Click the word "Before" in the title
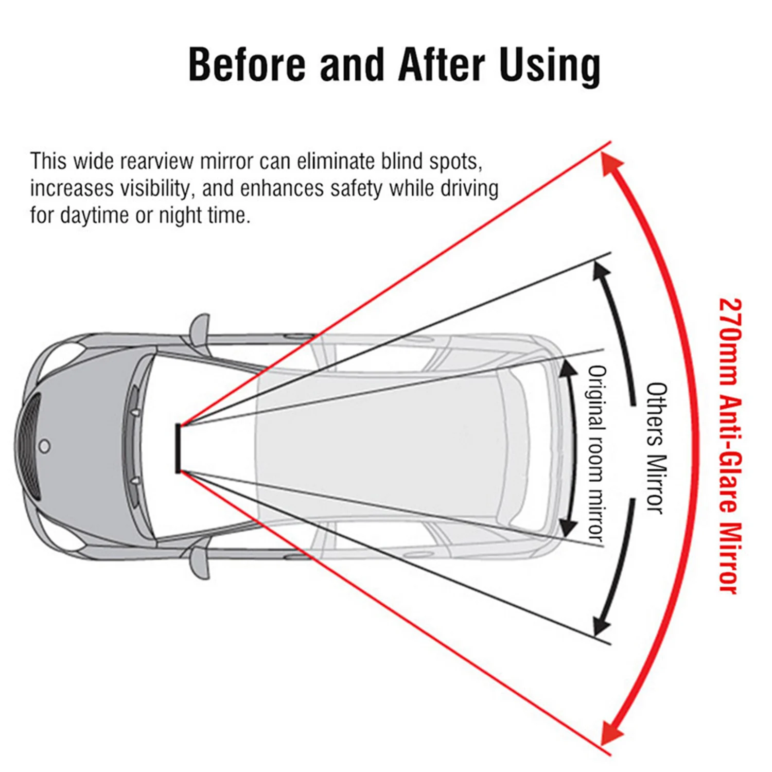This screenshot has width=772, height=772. click(x=247, y=64)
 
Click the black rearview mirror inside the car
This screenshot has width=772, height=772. click(x=178, y=448)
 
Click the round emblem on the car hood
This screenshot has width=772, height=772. click(x=45, y=446)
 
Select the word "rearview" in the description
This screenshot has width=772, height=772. click(x=160, y=161)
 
